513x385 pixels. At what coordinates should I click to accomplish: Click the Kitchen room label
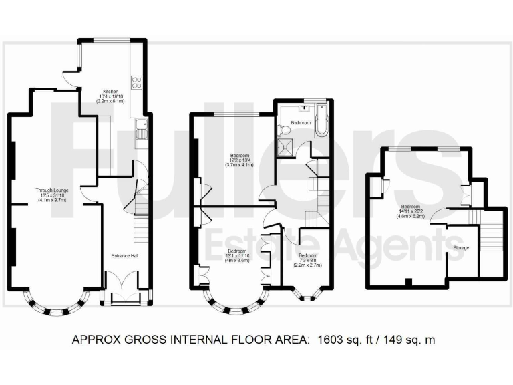click(110, 92)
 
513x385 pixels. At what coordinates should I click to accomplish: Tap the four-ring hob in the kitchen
click(137, 83)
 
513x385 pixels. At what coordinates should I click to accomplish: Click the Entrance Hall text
click(124, 255)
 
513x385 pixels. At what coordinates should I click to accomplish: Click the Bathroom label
click(301, 122)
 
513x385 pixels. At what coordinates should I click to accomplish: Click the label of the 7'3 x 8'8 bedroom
click(308, 255)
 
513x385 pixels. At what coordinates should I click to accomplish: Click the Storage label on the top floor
click(461, 247)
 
